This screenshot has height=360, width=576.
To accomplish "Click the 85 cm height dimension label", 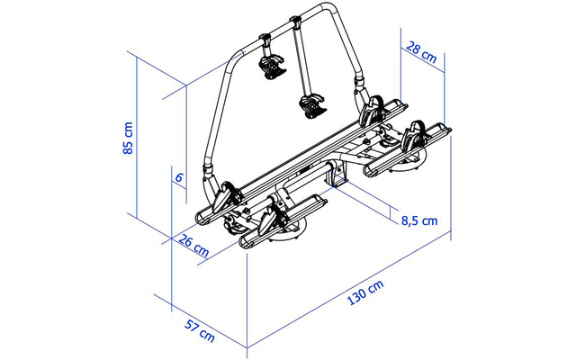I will tap(129, 138).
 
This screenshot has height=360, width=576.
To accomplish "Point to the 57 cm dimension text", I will tap(200, 329).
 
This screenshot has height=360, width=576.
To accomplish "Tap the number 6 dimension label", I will tap(179, 178).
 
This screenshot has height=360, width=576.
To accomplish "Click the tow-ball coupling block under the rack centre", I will tap(340, 175).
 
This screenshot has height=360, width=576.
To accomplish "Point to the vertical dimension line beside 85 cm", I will tap(137, 135).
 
